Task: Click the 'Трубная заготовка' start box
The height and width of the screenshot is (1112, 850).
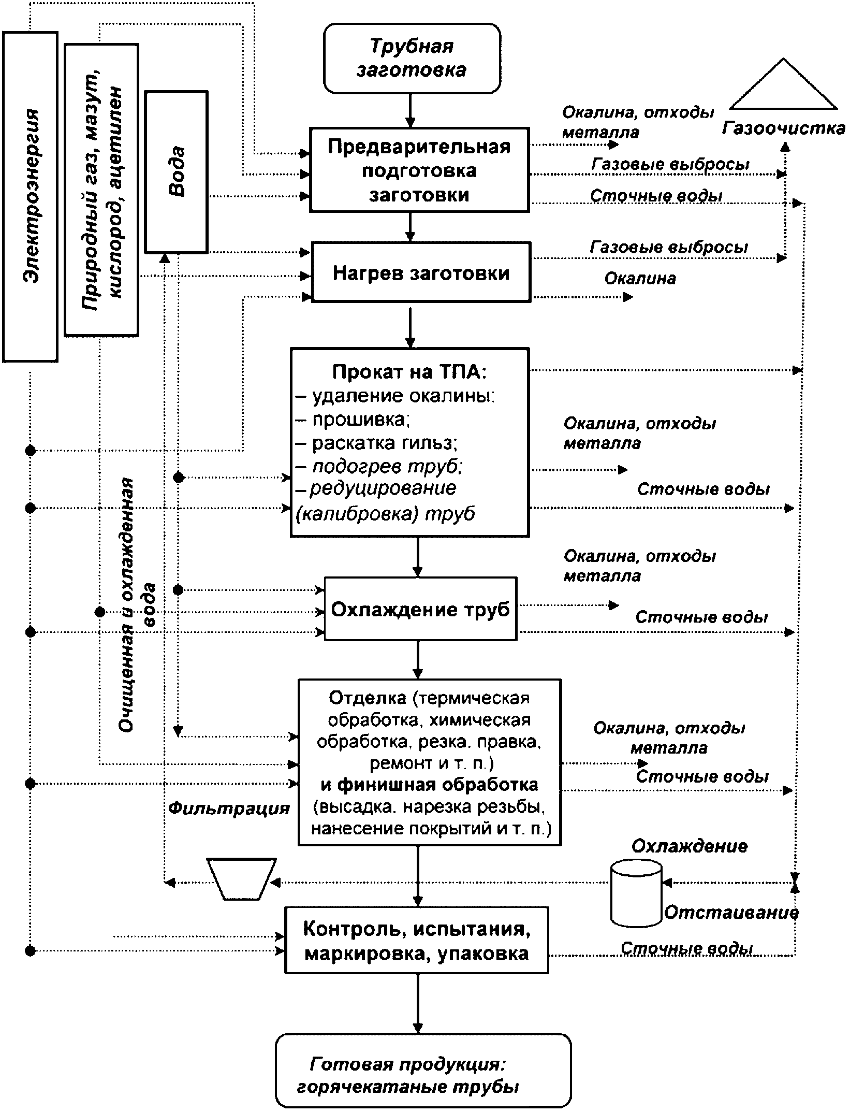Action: tap(412, 58)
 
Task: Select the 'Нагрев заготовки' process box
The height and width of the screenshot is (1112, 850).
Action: tap(421, 272)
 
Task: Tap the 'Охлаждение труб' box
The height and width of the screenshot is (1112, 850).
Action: tap(420, 609)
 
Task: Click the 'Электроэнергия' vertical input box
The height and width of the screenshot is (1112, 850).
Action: tap(30, 197)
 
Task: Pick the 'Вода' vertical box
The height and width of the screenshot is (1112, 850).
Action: tap(176, 172)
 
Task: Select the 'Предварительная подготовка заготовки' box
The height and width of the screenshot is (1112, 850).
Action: tap(419, 170)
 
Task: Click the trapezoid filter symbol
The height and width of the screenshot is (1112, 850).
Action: tap(241, 879)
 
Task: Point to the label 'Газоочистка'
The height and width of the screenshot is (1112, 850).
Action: tap(783, 128)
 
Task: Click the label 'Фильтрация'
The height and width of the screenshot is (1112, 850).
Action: tap(229, 808)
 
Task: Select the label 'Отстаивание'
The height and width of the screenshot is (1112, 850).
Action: tap(731, 912)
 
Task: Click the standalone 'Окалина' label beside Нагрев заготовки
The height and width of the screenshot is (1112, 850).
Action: tap(640, 279)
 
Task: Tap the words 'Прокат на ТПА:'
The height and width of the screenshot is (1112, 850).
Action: tap(410, 372)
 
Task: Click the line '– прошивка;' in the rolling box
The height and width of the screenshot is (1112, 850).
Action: tap(353, 419)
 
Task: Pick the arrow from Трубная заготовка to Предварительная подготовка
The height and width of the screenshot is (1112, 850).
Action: tap(410, 111)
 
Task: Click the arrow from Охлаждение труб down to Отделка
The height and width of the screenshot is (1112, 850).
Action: tap(418, 660)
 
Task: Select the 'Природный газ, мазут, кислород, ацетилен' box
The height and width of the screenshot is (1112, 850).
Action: tap(101, 190)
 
